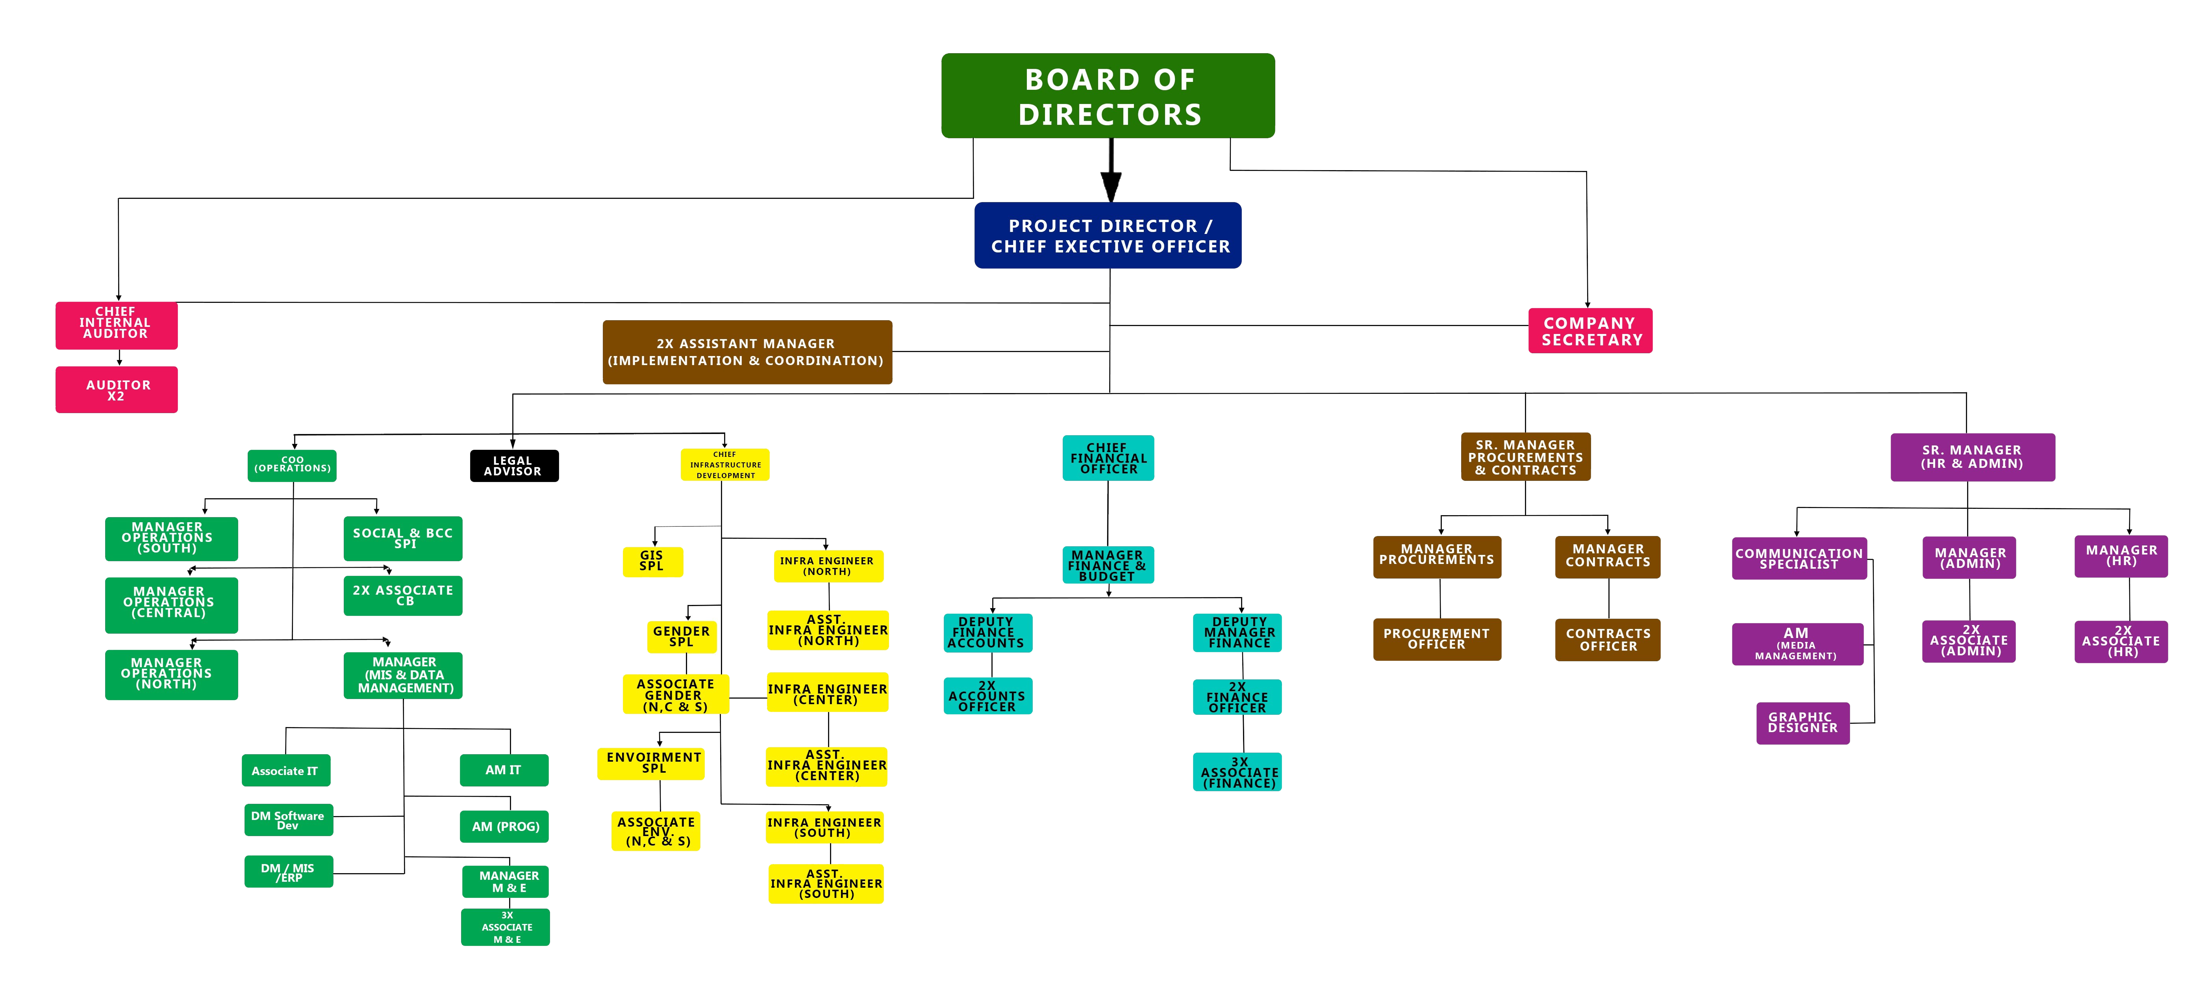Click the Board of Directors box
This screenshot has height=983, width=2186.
tap(1108, 96)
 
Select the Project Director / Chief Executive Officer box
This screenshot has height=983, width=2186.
tap(1108, 235)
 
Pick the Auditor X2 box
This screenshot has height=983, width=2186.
tap(116, 389)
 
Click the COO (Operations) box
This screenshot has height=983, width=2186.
tap(292, 465)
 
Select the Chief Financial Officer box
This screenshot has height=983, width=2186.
tap(1108, 458)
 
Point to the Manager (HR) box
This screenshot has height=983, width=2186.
tap(2121, 556)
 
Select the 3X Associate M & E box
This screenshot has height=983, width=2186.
tap(506, 927)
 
